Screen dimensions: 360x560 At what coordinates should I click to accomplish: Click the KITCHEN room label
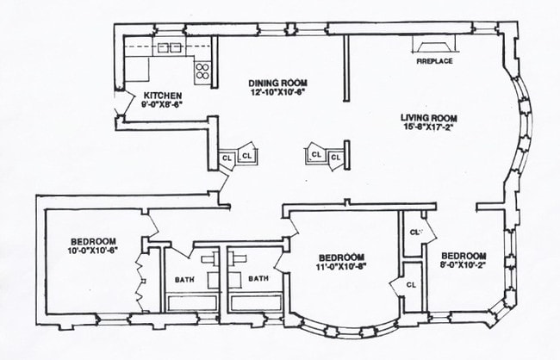(x=162, y=95)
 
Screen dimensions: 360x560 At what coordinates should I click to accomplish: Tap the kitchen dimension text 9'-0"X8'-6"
(x=162, y=105)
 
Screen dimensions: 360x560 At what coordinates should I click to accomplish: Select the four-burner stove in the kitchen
(x=204, y=71)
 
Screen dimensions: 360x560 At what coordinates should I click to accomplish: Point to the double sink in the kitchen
(x=170, y=47)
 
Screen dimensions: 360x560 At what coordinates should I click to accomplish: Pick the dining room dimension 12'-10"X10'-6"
(x=277, y=90)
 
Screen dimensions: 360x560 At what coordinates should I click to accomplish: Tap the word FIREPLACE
(x=434, y=62)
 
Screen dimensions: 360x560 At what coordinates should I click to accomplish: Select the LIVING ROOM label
(x=428, y=117)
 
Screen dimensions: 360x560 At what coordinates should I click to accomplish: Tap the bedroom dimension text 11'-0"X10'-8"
(x=342, y=267)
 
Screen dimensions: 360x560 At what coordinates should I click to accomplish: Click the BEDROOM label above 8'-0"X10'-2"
(x=464, y=256)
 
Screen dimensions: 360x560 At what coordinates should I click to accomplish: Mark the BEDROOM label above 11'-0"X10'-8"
(x=342, y=257)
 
